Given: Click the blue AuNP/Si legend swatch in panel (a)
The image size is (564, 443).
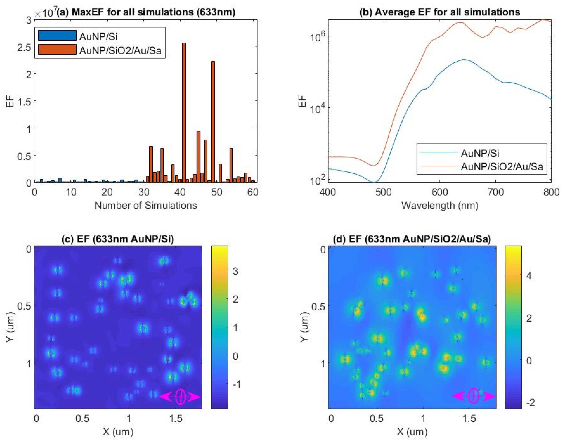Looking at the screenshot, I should (57, 36).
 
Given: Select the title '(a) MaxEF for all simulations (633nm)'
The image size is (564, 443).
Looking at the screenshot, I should (146, 12).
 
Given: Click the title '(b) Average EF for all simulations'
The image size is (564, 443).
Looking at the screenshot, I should (439, 12).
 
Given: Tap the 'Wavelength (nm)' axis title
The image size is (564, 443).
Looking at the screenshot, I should (439, 206).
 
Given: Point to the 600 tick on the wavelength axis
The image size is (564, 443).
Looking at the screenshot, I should (440, 192).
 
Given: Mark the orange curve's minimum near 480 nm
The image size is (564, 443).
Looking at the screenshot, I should (374, 166).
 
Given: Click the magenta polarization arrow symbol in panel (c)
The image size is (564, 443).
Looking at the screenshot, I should (180, 397).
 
